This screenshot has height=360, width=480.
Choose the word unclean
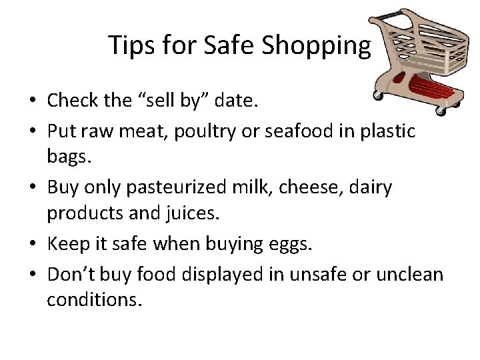coord(410,273)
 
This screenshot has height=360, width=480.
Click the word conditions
coord(94,301)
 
